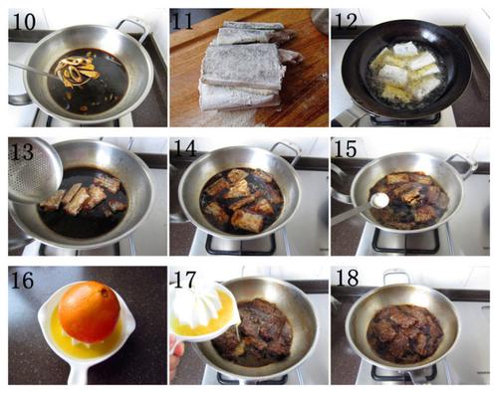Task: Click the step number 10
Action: (x=24, y=22)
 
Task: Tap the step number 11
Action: (x=183, y=22)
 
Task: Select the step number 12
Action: (x=346, y=22)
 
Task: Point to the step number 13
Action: (x=22, y=151)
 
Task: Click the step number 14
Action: (x=185, y=148)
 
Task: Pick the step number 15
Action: (x=346, y=148)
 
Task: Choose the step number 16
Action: (x=22, y=281)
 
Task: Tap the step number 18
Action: (x=348, y=278)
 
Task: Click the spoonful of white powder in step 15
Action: (x=379, y=200)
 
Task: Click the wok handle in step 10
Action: (x=132, y=27)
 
